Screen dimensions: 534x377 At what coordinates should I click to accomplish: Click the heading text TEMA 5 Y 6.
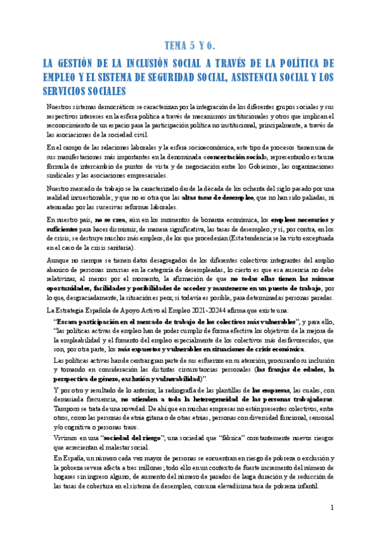pos(189,45)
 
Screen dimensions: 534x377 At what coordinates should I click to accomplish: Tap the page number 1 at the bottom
pos(332,508)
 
